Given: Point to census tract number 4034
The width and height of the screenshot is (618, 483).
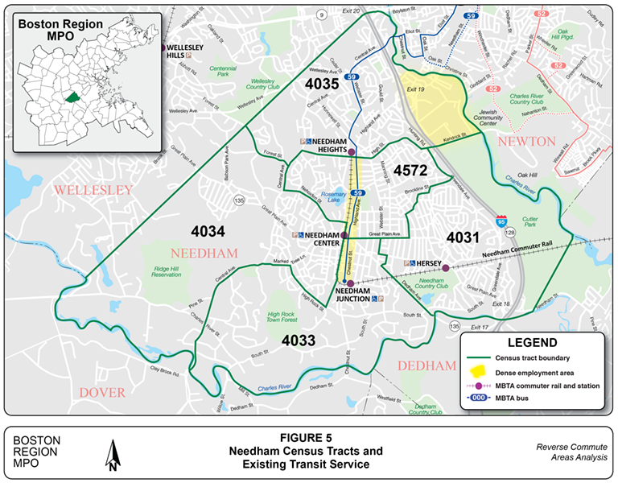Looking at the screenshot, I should [x=208, y=232].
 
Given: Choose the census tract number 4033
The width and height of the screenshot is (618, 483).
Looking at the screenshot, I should [x=299, y=341].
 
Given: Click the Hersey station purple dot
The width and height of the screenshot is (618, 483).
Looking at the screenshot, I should [x=445, y=268].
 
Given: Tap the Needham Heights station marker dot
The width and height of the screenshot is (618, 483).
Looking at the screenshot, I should [x=351, y=151].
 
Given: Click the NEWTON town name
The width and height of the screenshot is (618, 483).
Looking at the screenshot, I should [x=527, y=142].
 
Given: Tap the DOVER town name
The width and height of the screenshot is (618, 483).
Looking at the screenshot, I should [x=102, y=392].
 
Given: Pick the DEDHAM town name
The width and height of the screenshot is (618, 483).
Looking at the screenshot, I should [x=426, y=365].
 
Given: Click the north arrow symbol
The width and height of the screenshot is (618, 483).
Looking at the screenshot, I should [x=113, y=455].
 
